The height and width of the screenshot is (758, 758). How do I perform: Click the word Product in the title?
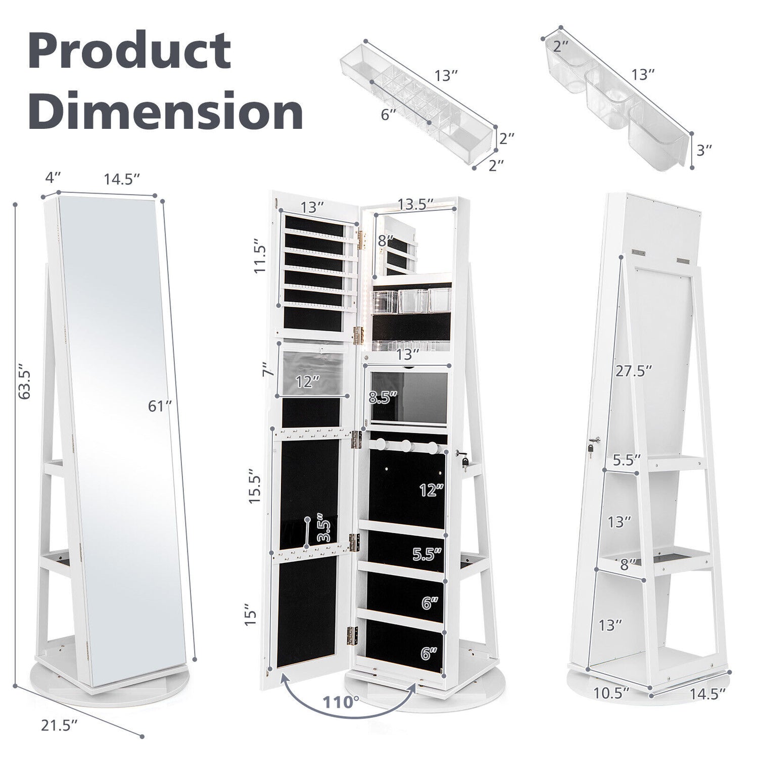[130, 51]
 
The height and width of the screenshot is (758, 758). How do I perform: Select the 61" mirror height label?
[161, 405]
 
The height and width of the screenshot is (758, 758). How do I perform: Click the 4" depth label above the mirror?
[53, 177]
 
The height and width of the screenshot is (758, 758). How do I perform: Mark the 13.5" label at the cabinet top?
[415, 204]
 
